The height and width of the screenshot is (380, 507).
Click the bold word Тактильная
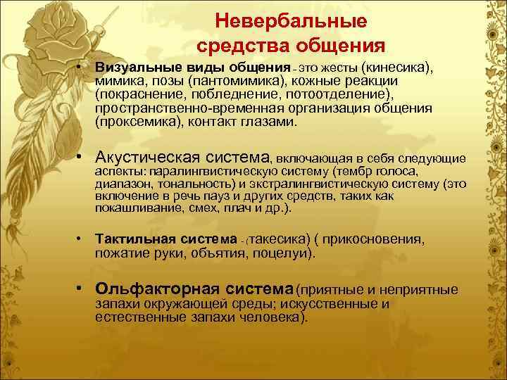pyautogui.click(x=125, y=239)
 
